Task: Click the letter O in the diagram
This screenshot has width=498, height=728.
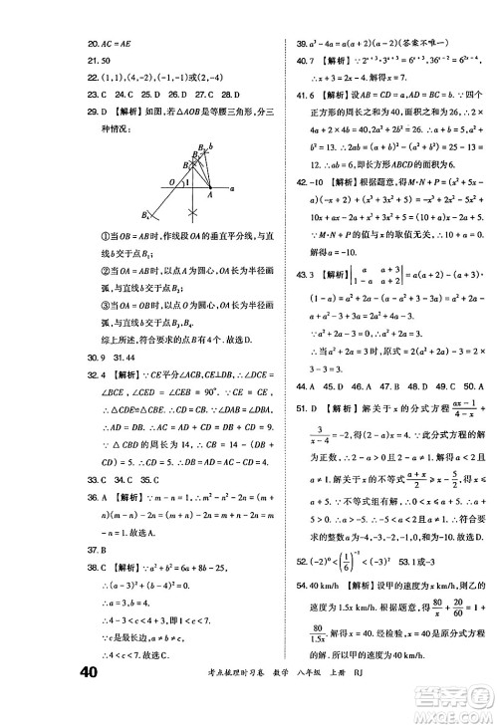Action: [170, 181]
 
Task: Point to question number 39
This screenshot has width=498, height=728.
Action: [296, 43]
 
